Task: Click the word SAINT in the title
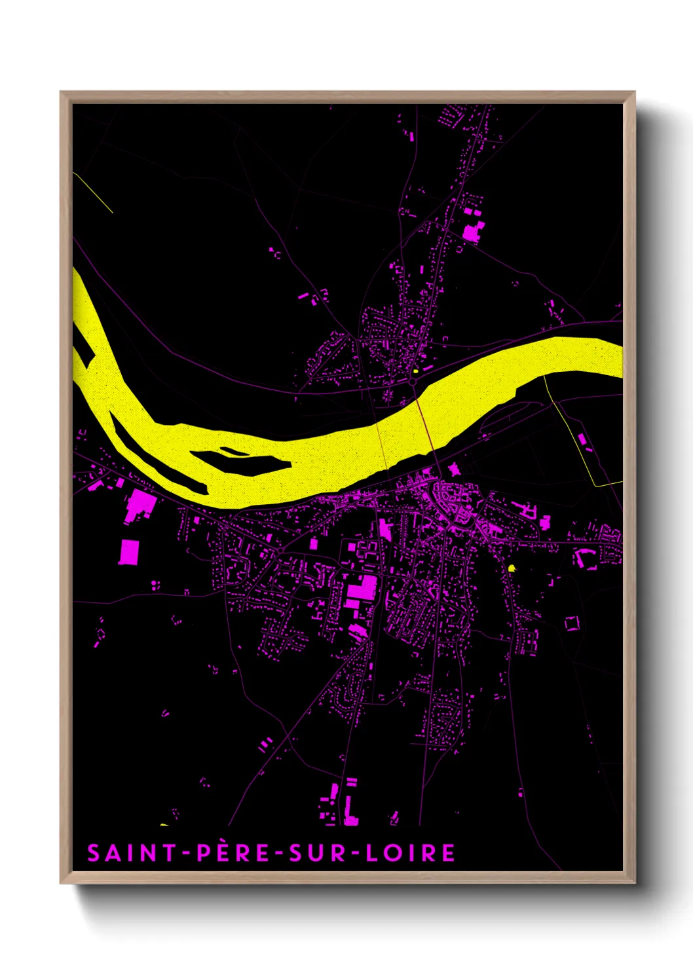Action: point(131,852)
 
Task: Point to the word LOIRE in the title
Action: point(410,852)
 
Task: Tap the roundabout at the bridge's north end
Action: point(413,381)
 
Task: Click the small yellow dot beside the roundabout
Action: point(415,371)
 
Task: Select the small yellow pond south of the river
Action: point(512,568)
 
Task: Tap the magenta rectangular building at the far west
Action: point(129,551)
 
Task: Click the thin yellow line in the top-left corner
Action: point(93,192)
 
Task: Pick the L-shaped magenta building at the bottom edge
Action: point(350,812)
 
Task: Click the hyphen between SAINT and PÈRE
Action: point(187,853)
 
